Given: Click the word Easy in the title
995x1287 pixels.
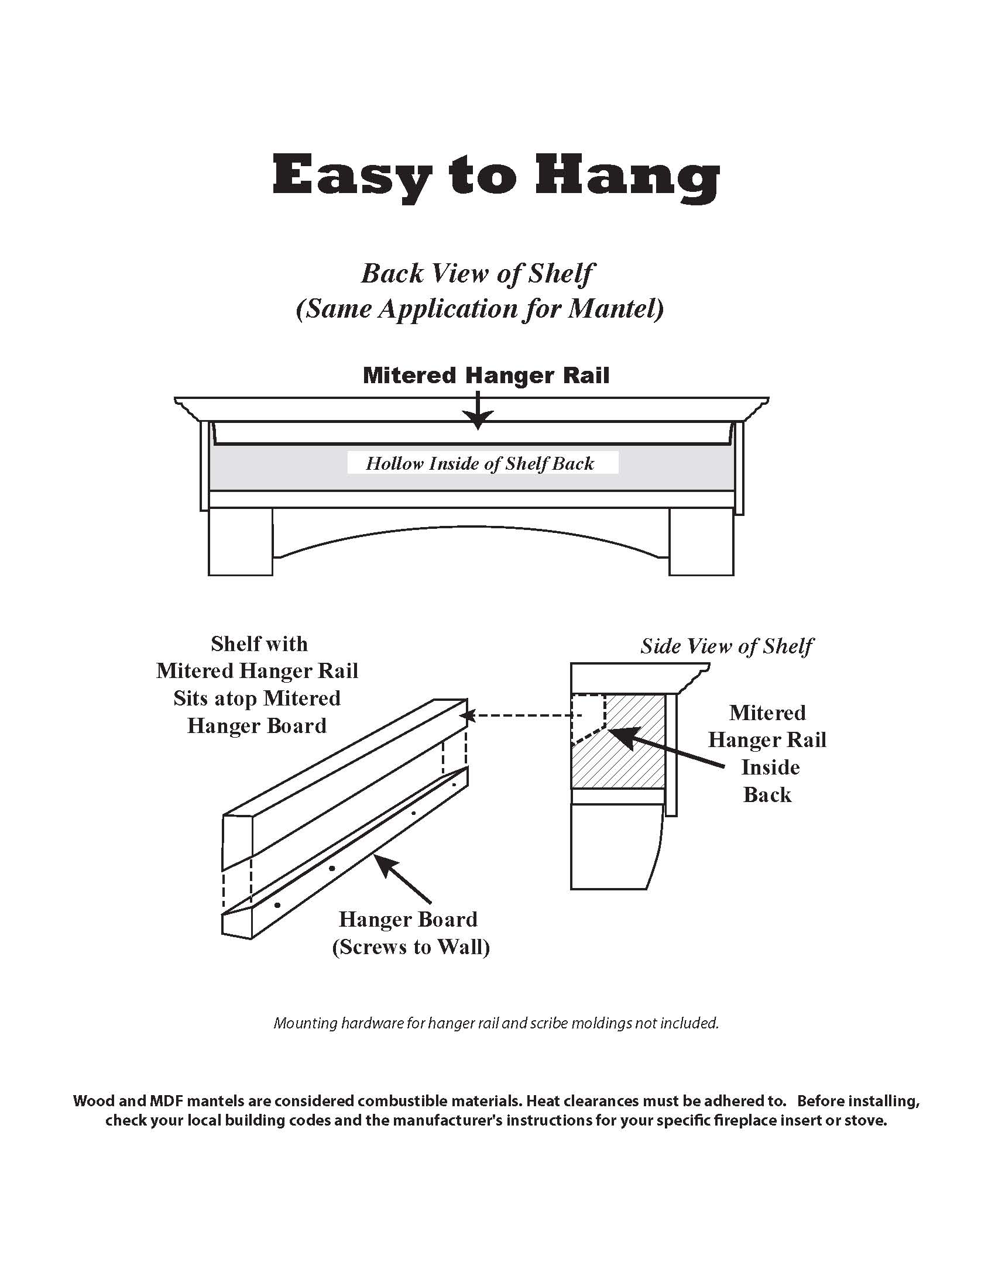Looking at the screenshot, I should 352,175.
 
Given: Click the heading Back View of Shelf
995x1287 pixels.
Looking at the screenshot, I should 478,273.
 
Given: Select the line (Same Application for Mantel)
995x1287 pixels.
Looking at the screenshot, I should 480,309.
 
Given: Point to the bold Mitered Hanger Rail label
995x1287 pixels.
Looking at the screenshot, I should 486,376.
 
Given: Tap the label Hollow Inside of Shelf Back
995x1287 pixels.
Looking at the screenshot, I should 480,464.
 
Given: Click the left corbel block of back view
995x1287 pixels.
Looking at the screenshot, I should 241,542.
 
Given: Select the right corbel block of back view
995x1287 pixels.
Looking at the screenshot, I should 701,542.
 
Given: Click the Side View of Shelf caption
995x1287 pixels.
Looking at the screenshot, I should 726,646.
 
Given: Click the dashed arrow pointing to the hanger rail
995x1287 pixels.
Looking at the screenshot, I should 519,716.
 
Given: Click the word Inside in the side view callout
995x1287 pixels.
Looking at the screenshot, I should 770,768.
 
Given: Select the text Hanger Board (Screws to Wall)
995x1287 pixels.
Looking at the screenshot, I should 411,933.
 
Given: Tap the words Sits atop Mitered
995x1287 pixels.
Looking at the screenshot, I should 257,698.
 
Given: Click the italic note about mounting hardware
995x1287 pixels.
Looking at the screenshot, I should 496,1023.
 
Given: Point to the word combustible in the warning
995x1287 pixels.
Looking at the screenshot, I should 397,1101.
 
